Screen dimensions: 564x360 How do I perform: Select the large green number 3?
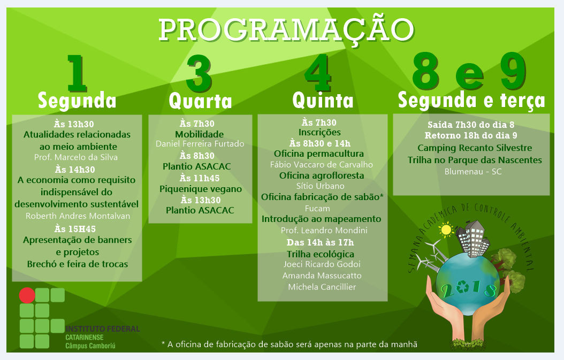199,74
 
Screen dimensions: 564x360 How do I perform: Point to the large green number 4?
318,73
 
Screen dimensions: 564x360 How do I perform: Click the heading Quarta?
200,101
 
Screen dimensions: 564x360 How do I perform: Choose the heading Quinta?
323,101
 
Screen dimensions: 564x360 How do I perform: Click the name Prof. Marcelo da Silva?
76,157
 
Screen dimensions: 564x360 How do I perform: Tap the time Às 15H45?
75,229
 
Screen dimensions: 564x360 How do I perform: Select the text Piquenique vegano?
201,189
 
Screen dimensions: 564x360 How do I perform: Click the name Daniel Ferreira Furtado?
200,144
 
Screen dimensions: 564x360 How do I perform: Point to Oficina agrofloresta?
322,175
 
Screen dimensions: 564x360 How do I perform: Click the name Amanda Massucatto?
322,276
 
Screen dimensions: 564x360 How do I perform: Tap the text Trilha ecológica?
321,254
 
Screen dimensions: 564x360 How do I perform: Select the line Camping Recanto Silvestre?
475,148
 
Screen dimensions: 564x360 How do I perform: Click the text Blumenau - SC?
473,172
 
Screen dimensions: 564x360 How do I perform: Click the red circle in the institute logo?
27,295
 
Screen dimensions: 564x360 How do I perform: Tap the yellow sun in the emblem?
446,230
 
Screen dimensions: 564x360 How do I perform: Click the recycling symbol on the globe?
462,287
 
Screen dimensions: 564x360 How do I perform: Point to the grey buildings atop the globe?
472,238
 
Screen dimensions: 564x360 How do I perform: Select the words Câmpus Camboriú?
90,346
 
